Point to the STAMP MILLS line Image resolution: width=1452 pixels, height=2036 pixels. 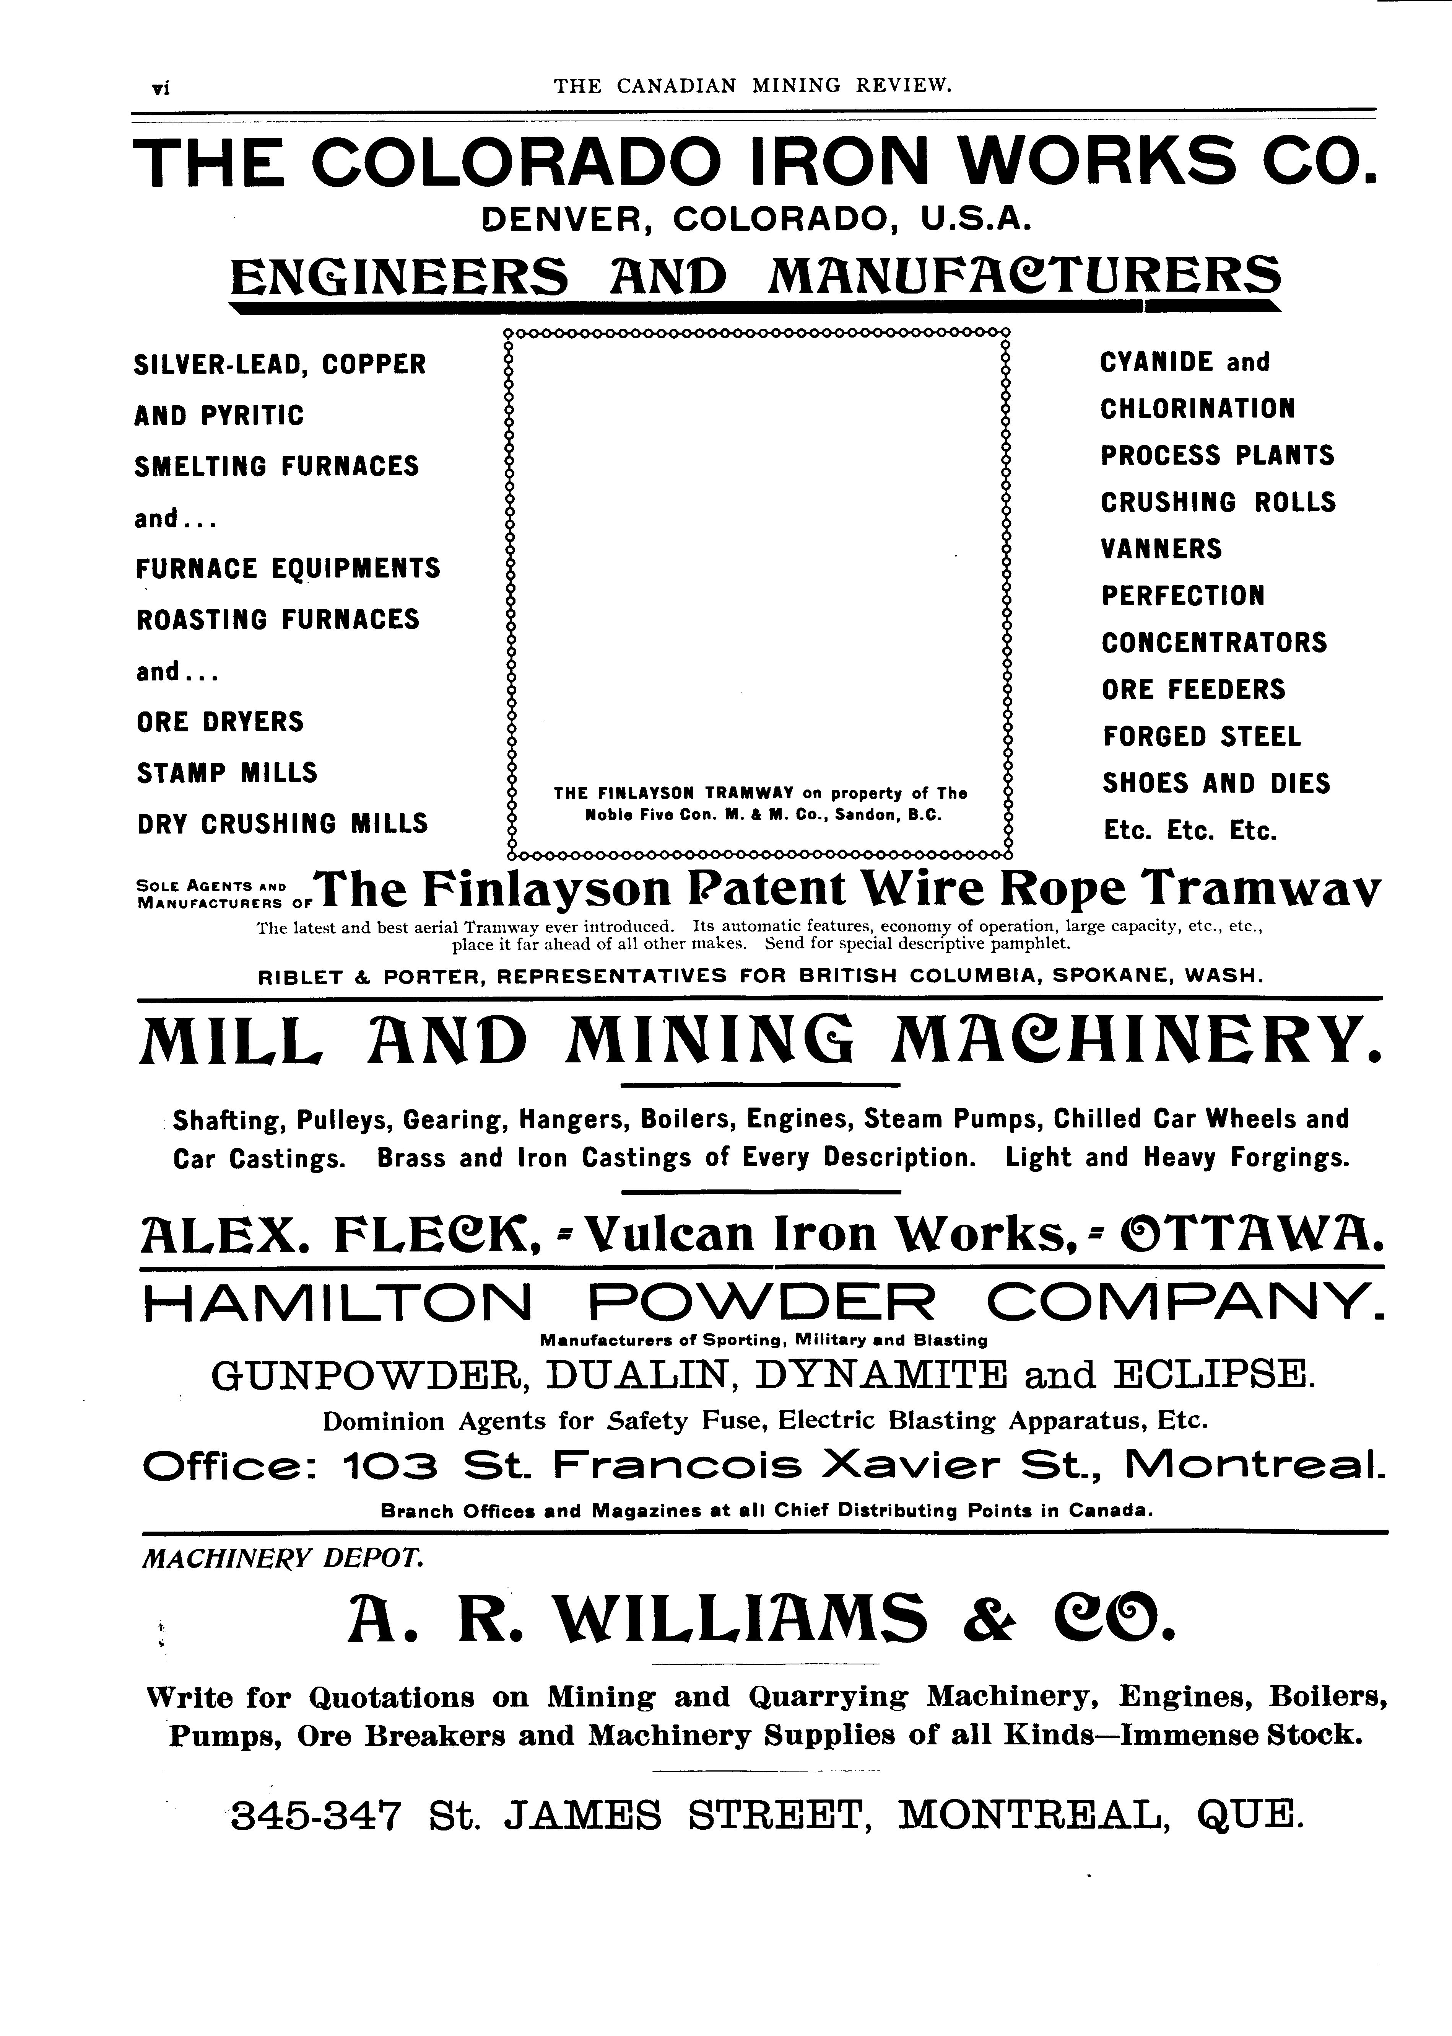pyautogui.click(x=227, y=773)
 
